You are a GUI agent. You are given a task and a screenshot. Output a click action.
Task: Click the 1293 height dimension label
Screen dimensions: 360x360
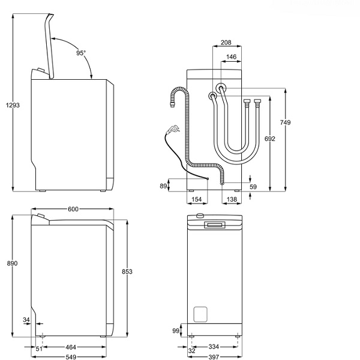[x=13, y=106]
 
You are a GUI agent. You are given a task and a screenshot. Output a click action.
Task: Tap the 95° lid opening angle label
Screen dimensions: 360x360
[x=81, y=53]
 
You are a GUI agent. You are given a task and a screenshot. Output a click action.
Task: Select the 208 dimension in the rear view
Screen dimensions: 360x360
[x=226, y=43]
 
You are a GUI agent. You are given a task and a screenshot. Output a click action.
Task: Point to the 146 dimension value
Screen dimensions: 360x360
[x=230, y=57]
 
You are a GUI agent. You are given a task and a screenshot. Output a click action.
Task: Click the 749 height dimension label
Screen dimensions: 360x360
[x=285, y=122]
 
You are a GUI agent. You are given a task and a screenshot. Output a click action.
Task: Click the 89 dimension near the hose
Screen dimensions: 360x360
[x=163, y=186]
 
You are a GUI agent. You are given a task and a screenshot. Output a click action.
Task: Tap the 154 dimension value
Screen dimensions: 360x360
[x=196, y=199]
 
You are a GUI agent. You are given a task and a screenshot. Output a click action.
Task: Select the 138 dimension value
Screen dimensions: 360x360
[x=232, y=199]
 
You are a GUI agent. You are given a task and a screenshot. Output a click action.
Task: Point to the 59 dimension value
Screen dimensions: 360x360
[x=253, y=187]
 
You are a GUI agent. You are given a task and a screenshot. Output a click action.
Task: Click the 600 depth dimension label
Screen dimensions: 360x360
[x=73, y=209]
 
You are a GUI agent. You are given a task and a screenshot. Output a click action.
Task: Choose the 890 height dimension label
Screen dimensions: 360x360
[x=13, y=263]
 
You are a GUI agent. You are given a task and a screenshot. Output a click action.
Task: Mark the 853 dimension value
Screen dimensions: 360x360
[x=127, y=272]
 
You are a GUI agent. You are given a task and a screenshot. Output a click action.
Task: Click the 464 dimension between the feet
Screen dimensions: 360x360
[x=71, y=347]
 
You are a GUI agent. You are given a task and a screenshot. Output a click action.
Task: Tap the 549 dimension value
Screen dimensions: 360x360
[x=71, y=356]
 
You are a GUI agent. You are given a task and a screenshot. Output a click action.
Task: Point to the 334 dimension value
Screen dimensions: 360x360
[x=213, y=347]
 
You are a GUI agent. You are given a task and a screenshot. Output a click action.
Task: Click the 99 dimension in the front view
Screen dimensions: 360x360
[x=175, y=331]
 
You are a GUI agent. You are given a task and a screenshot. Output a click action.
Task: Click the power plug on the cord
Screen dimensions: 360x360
[x=173, y=128]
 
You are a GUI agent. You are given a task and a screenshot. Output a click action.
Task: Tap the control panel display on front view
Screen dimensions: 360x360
[x=215, y=225]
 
